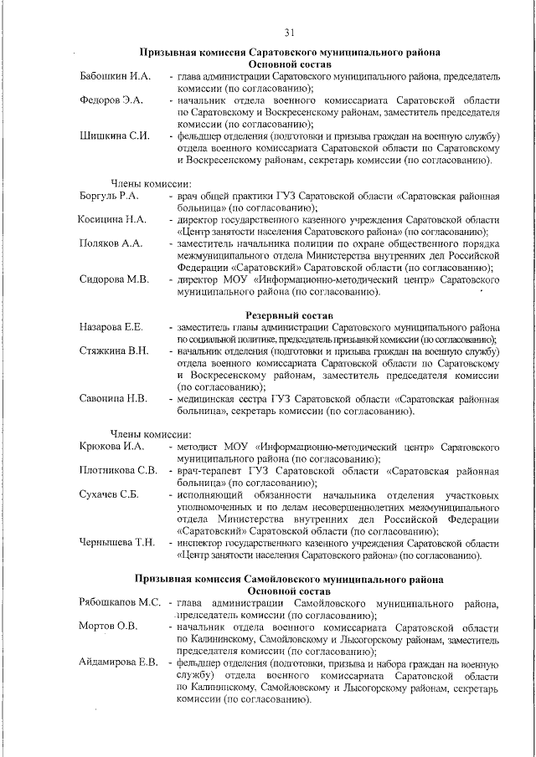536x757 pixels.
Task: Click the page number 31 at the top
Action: pyautogui.click(x=289, y=32)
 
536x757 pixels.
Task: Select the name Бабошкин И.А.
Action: pyautogui.click(x=115, y=76)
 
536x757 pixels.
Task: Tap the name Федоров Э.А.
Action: pyautogui.click(x=111, y=100)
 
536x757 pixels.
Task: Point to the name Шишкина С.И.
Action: pyautogui.click(x=115, y=136)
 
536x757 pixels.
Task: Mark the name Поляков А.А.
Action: pyautogui.click(x=111, y=243)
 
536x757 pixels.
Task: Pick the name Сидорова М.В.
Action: pyautogui.click(x=114, y=279)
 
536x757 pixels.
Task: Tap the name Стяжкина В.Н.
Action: pyautogui.click(x=114, y=350)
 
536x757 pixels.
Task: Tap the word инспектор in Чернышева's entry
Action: pyautogui.click(x=204, y=542)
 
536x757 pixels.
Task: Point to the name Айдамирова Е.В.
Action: pyautogui.click(x=119, y=662)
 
